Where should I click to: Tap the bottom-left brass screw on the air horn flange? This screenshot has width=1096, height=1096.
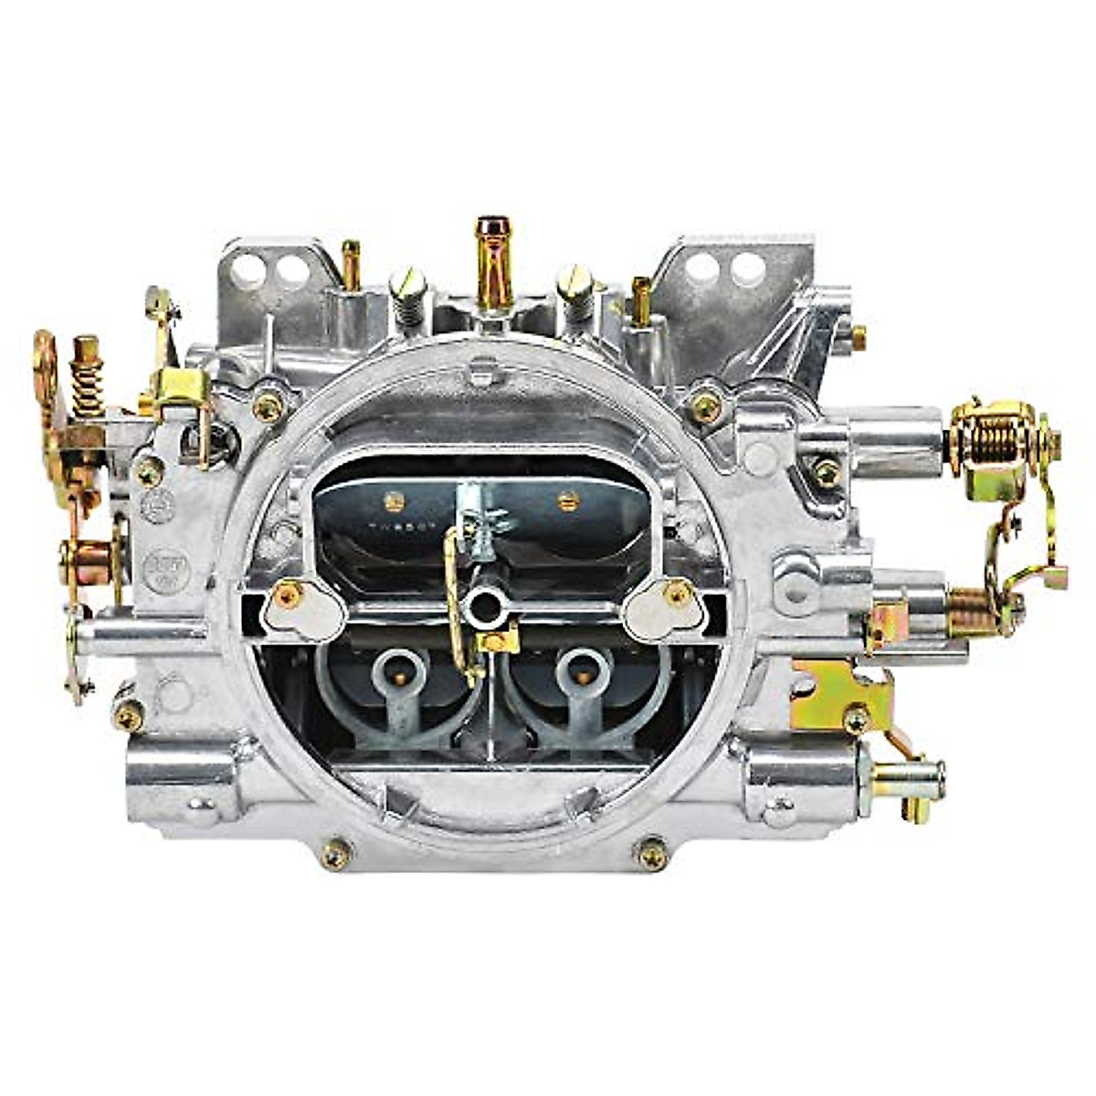336,854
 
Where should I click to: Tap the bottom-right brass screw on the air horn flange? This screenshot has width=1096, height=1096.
651,854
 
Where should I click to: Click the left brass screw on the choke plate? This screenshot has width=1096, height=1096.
395,501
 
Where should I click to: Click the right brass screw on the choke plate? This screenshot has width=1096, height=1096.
568,500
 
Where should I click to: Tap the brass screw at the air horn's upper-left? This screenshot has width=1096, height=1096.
267,406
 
